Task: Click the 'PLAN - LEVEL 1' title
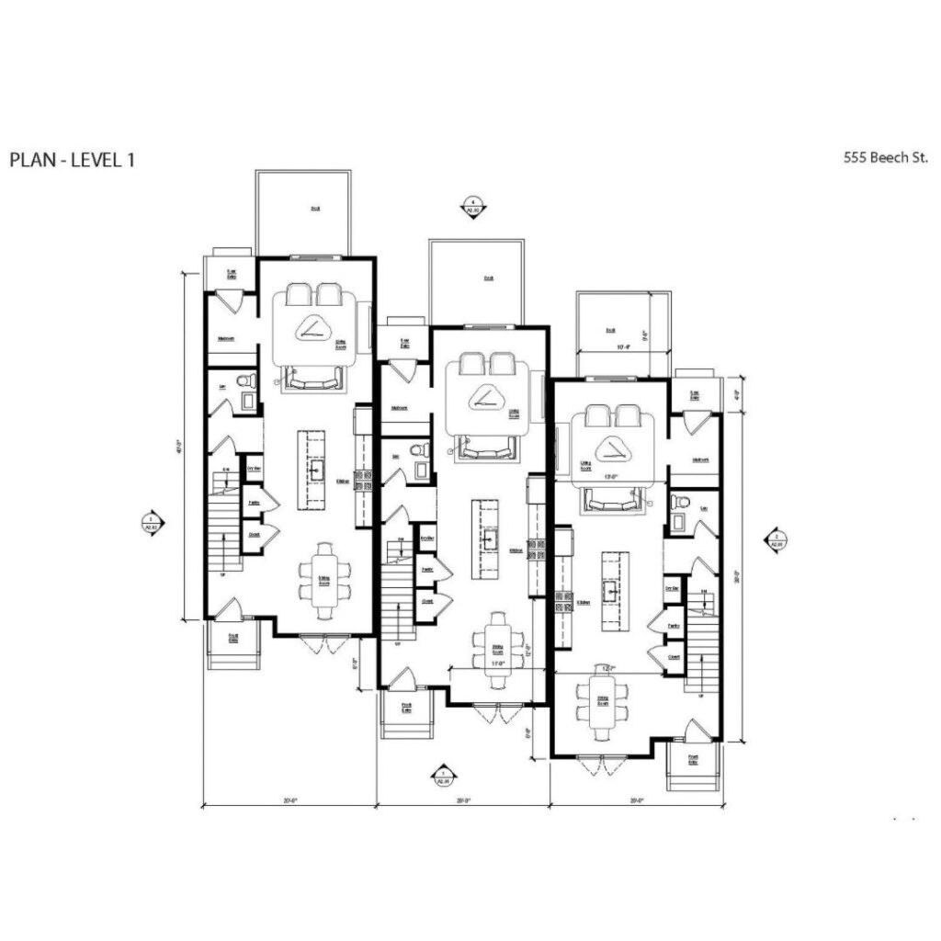(x=73, y=159)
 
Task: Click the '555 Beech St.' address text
(x=883, y=157)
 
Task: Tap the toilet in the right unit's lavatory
(x=680, y=502)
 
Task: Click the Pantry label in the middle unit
(x=427, y=570)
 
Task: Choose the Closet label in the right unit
(x=674, y=658)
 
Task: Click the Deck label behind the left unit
(x=315, y=209)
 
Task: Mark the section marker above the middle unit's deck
(x=473, y=206)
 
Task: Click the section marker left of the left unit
(x=150, y=522)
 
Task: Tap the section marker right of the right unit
(x=777, y=539)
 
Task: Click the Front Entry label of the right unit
(x=692, y=759)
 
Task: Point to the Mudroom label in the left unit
(x=226, y=339)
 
